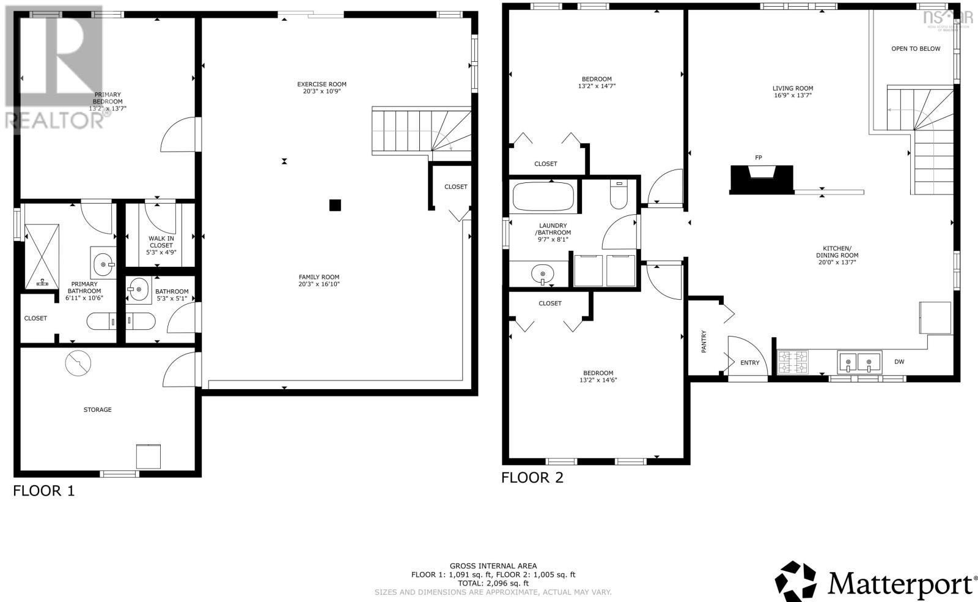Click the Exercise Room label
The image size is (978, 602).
click(322, 84)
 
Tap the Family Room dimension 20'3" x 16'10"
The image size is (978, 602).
click(318, 284)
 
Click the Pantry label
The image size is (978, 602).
click(704, 341)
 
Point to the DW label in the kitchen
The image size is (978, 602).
click(899, 362)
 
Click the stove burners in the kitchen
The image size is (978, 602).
click(792, 362)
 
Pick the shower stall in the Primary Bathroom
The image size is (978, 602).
click(42, 256)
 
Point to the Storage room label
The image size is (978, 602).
click(98, 409)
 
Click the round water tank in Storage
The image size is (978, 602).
click(78, 363)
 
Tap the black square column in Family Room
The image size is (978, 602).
click(334, 205)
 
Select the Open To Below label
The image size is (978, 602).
click(916, 49)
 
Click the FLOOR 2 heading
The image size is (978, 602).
click(532, 478)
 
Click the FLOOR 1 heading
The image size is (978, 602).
click(43, 491)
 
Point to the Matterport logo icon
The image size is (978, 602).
click(796, 581)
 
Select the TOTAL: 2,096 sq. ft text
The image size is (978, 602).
click(492, 583)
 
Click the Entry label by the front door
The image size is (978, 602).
click(749, 363)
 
